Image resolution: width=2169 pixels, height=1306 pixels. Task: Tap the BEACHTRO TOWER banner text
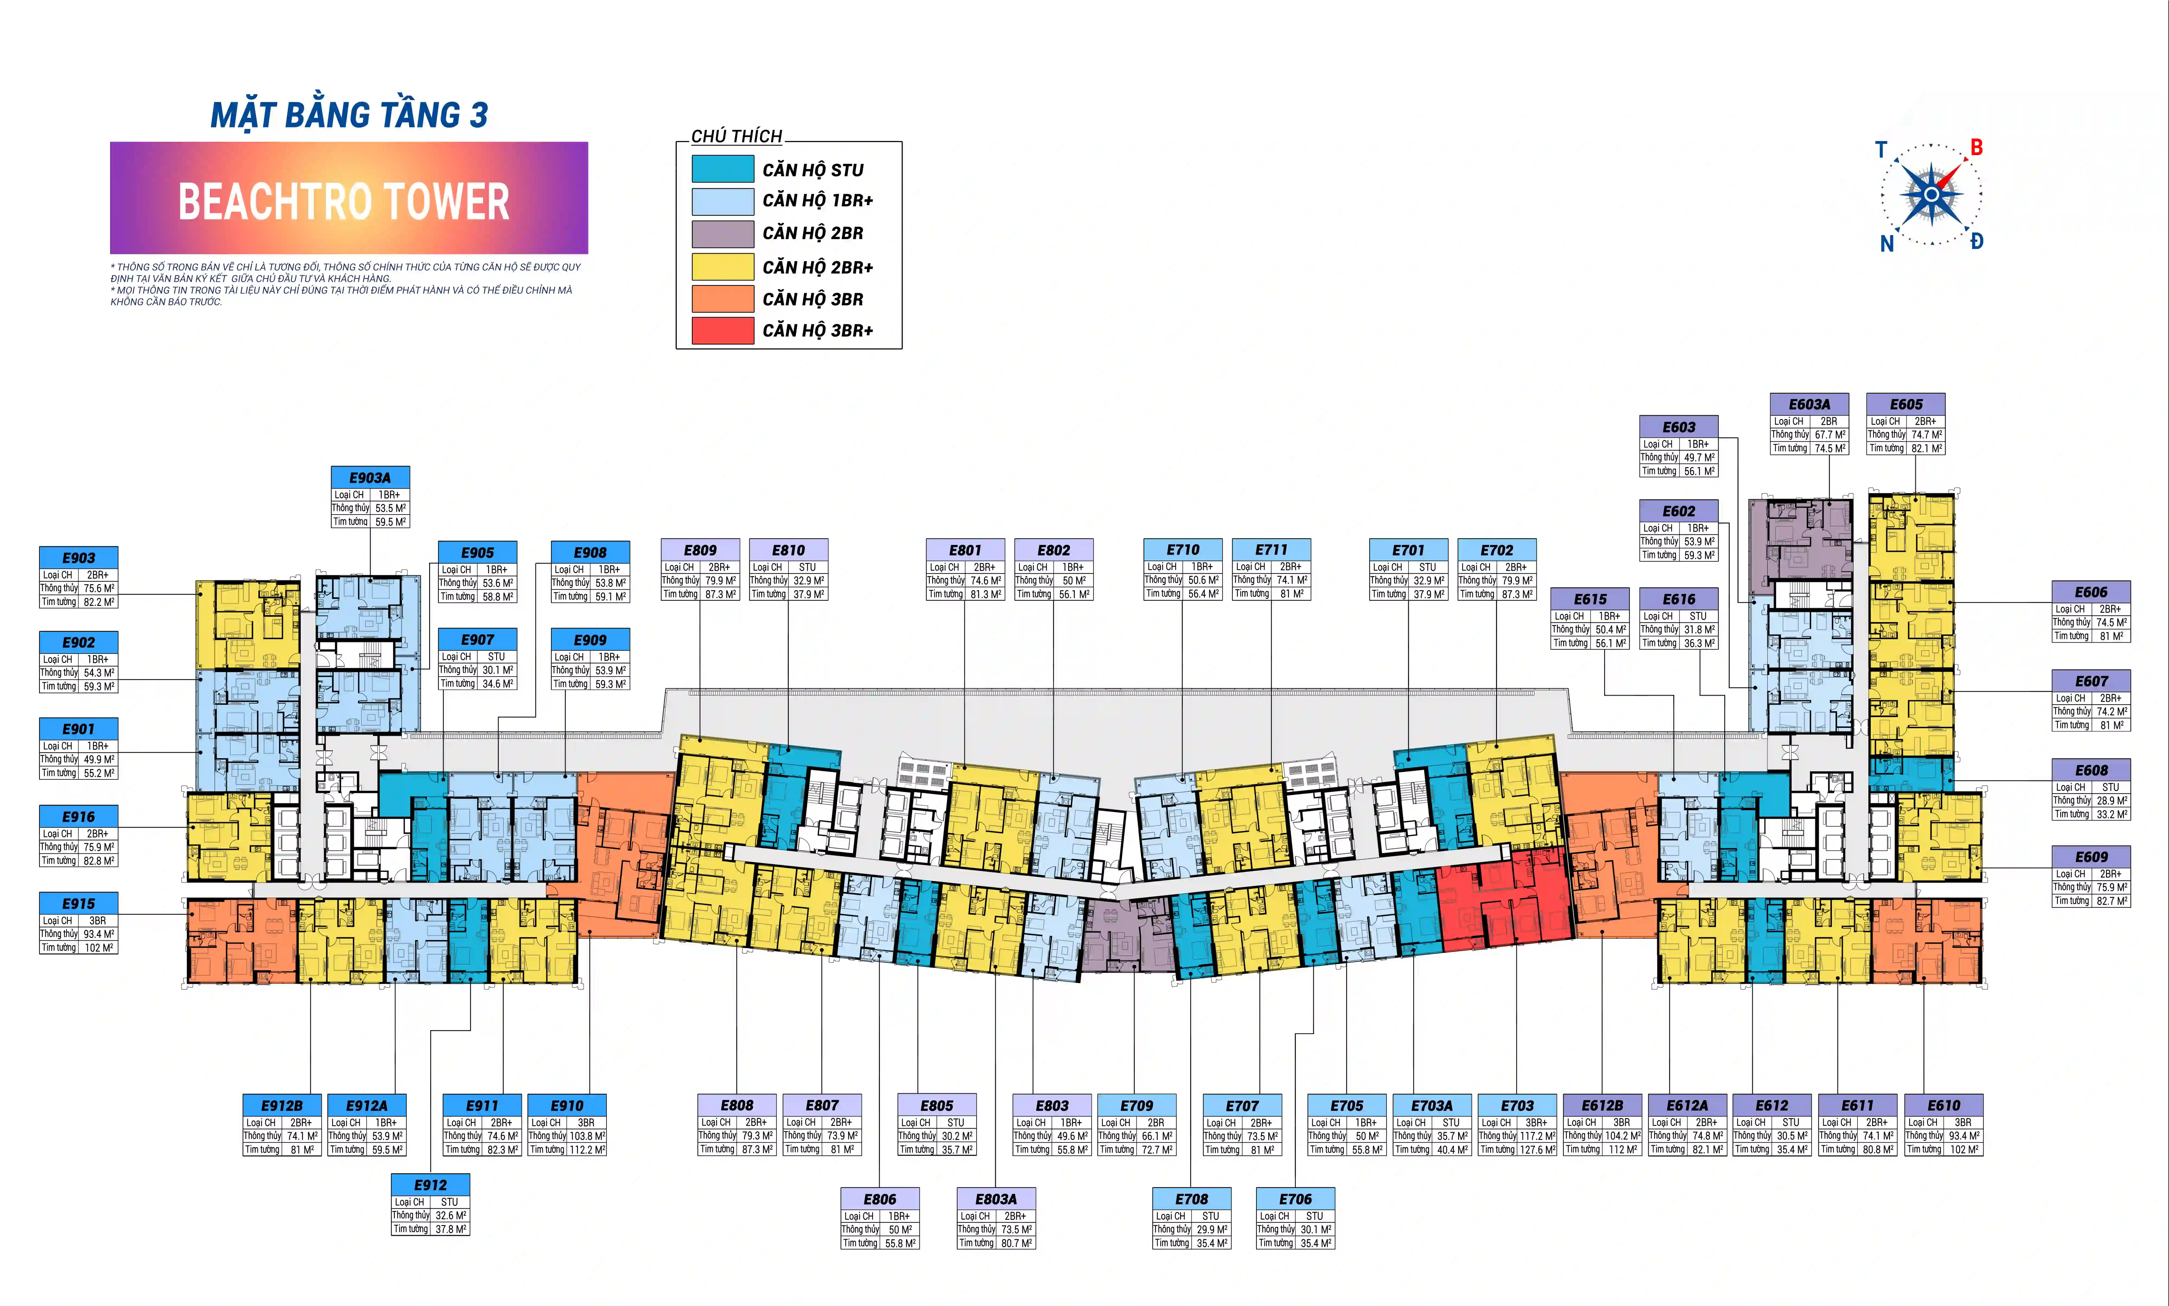(x=344, y=201)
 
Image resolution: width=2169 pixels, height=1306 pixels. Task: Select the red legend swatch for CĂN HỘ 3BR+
(x=723, y=331)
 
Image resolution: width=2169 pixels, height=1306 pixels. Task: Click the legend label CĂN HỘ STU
(x=813, y=170)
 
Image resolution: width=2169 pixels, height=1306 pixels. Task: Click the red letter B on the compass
(x=1976, y=148)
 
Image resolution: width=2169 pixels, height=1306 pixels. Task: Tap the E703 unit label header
(x=1517, y=1105)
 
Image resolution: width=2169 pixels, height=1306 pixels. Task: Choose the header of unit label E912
(x=430, y=1185)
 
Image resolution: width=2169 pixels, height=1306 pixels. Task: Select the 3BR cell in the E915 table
(x=98, y=921)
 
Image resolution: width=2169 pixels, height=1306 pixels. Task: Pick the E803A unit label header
(x=996, y=1199)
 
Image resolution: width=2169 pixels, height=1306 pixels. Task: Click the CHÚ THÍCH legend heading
(x=736, y=136)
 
